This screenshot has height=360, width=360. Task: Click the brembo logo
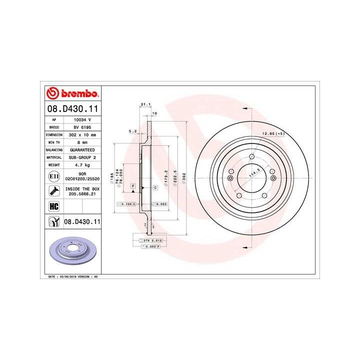pyautogui.click(x=73, y=93)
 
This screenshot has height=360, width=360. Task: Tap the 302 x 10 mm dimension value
pyautogui.click(x=82, y=135)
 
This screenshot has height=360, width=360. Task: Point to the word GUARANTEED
pyautogui.click(x=82, y=150)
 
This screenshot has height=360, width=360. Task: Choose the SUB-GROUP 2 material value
pyautogui.click(x=82, y=157)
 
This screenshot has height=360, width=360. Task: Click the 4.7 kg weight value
pyautogui.click(x=82, y=164)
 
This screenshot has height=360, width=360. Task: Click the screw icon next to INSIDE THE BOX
pyautogui.click(x=52, y=190)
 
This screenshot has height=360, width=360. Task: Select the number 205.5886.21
pyautogui.click(x=82, y=194)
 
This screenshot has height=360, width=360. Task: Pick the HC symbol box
pyautogui.click(x=52, y=205)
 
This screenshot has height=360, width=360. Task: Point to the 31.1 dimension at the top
pyautogui.click(x=145, y=104)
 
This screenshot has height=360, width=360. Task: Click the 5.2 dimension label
pyautogui.click(x=133, y=131)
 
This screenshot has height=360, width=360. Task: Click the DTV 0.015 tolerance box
pyautogui.click(x=150, y=241)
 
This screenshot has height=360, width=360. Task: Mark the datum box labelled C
pyautogui.click(x=155, y=187)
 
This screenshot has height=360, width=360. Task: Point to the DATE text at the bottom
pyautogui.click(x=52, y=276)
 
